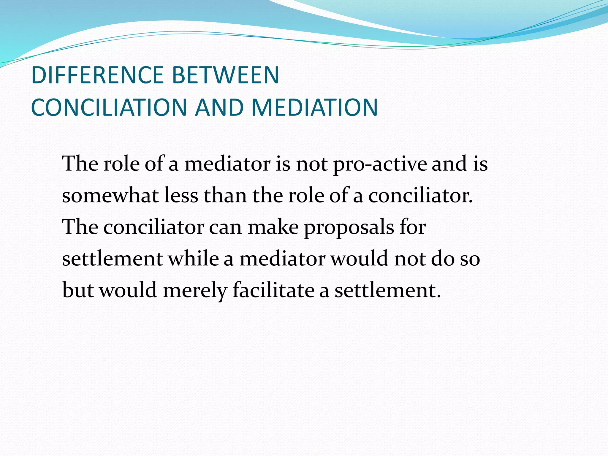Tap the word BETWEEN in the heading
coord(225,75)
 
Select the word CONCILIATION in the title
coord(109,107)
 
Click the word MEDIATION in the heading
coord(314,107)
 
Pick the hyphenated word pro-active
coord(380,164)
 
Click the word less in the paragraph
coord(181,196)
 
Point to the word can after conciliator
coord(225,227)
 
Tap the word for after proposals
coord(413,227)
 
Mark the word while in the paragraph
coord(194,259)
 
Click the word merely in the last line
coord(195,290)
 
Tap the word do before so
coord(443,259)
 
